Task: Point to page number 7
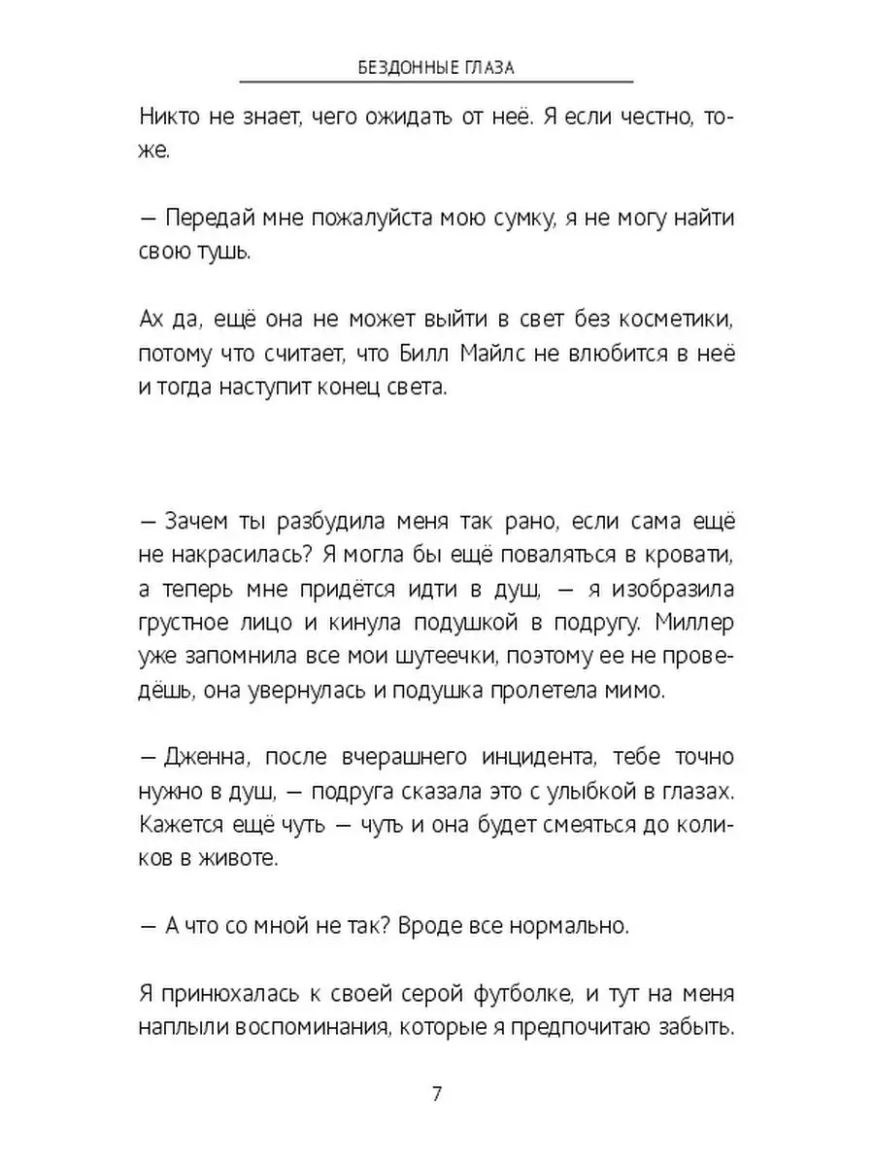(436, 1094)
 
